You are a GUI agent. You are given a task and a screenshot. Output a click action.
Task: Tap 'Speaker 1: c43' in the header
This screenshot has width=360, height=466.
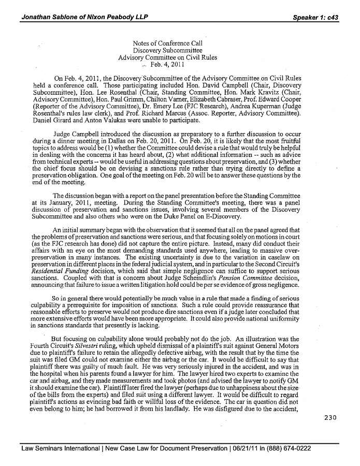point(315,17)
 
